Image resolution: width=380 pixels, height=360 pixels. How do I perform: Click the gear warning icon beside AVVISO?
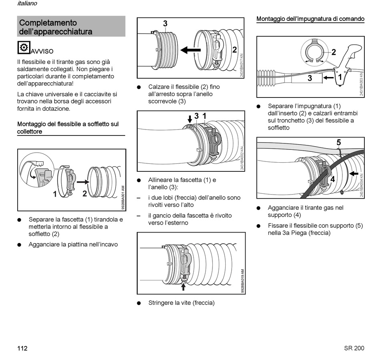pos(24,48)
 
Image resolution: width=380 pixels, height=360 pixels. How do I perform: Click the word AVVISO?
pos(42,52)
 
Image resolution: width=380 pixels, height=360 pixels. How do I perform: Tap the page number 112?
pos(22,348)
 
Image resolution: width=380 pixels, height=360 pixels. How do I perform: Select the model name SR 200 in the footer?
pos(354,348)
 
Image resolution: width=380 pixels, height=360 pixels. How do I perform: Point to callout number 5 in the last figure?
pos(338,142)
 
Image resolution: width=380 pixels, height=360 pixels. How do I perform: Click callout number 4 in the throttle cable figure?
pos(332,179)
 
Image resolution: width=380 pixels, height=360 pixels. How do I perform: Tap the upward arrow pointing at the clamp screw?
pos(184,286)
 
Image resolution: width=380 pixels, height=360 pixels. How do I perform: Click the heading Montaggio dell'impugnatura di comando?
pos(310,19)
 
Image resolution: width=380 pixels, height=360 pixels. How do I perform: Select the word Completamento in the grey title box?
pos(48,23)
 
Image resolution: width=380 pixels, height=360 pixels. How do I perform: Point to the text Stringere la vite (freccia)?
pos(181,303)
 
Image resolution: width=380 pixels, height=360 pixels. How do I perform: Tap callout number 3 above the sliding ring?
pos(165,24)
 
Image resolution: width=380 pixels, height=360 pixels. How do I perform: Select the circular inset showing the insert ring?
pos(314,52)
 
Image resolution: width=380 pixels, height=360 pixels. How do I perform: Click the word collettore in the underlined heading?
pos(30,131)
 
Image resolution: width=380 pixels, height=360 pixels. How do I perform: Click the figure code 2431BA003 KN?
pos(361,84)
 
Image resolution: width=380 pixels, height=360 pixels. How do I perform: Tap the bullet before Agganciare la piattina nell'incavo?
pos(19,245)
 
